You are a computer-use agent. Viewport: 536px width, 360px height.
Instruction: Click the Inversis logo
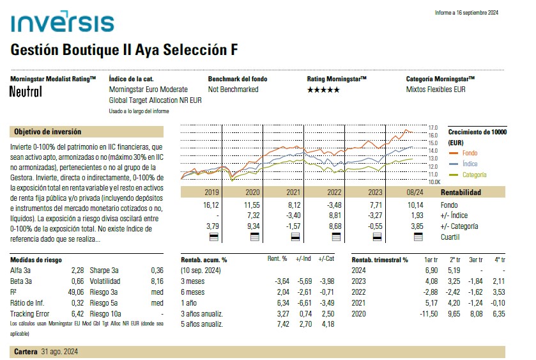pyautogui.click(x=62, y=24)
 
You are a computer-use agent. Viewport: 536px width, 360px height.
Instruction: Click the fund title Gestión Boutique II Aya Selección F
pyautogui.click(x=125, y=50)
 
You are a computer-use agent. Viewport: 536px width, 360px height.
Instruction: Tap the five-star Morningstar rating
pyautogui.click(x=324, y=90)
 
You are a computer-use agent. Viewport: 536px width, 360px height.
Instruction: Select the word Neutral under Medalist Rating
pyautogui.click(x=26, y=91)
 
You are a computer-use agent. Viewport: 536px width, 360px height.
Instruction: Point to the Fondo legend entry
pyautogui.click(x=470, y=153)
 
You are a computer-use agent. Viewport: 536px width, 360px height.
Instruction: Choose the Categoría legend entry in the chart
pyautogui.click(x=475, y=175)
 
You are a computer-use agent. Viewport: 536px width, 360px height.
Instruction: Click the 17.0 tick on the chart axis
pyautogui.click(x=433, y=128)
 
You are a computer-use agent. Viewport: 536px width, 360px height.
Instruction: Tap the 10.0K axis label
pyautogui.click(x=434, y=182)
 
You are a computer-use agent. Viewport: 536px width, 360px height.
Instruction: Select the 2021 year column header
pyautogui.click(x=293, y=192)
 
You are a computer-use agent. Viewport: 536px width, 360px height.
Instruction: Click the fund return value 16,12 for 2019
pyautogui.click(x=211, y=205)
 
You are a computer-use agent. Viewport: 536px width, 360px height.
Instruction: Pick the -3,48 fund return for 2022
pyautogui.click(x=335, y=205)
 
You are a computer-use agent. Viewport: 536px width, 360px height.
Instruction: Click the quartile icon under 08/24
pyautogui.click(x=418, y=237)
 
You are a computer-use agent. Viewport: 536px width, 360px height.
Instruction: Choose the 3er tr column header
pyautogui.click(x=475, y=260)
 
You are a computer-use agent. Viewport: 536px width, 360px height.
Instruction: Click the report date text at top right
pyautogui.click(x=466, y=13)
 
